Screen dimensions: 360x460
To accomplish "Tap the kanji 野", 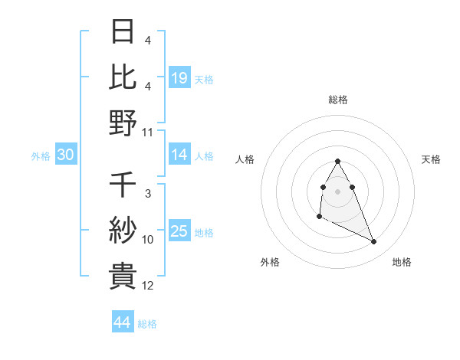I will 123,123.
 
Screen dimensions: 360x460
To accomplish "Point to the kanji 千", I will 123,186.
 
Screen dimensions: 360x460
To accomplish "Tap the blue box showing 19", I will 179,77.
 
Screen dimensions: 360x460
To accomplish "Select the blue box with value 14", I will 179,155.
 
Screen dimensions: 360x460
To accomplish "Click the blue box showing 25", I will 179,231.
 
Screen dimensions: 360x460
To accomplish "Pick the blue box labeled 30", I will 66,155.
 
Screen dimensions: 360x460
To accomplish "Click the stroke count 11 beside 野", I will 148,132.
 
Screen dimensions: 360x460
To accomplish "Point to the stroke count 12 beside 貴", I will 148,286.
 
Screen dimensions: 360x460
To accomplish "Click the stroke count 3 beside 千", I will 147,195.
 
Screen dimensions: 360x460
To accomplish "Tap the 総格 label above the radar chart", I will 338,100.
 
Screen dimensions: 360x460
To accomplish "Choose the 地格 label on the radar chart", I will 402,263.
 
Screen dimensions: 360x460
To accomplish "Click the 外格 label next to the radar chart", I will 270,263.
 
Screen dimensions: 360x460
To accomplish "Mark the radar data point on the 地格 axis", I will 374,242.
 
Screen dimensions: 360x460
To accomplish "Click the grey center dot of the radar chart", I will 338,191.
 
